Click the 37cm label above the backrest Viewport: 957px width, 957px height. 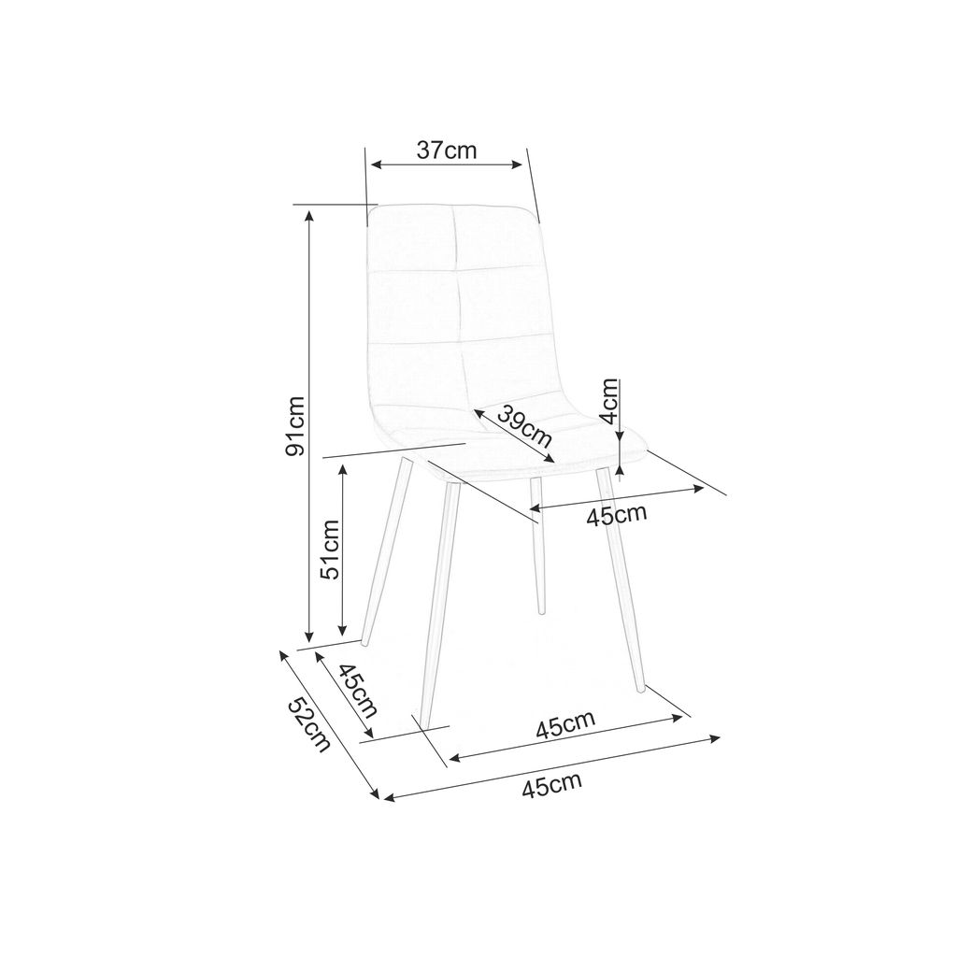click(x=446, y=150)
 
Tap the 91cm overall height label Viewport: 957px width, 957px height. click(x=295, y=426)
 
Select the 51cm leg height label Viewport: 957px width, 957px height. click(x=330, y=550)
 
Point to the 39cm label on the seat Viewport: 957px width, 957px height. click(x=524, y=425)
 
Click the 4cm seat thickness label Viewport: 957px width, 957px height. click(x=609, y=401)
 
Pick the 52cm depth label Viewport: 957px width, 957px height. click(x=308, y=724)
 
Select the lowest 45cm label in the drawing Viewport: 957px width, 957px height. click(x=551, y=785)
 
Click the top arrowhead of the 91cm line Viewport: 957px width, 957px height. click(x=309, y=215)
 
